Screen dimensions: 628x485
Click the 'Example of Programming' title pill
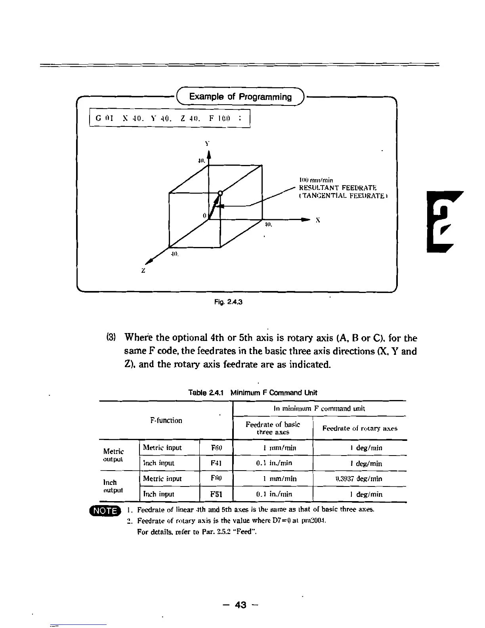pyautogui.click(x=241, y=97)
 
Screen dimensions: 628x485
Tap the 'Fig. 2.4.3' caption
pyautogui.click(x=228, y=302)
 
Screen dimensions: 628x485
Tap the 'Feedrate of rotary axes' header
pyautogui.click(x=360, y=428)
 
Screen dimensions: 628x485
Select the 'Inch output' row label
pyautogui.click(x=113, y=486)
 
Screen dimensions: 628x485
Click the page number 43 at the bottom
pyautogui.click(x=241, y=605)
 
